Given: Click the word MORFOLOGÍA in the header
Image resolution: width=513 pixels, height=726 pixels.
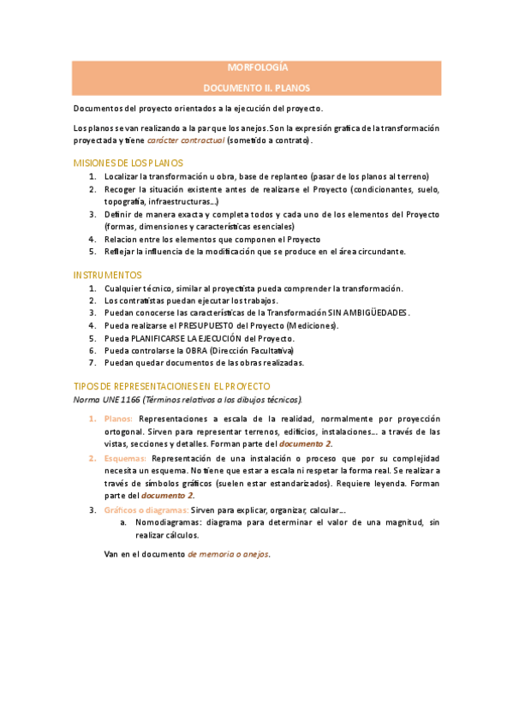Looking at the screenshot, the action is [256, 67].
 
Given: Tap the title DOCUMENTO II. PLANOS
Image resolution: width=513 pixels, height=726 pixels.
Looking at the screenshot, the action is [256, 86].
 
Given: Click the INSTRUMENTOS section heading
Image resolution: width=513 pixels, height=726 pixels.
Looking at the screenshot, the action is [107, 275].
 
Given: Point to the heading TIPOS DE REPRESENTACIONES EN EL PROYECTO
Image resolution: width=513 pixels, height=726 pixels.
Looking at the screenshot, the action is [172, 387].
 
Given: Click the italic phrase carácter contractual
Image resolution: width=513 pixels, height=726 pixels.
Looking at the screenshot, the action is [186, 140].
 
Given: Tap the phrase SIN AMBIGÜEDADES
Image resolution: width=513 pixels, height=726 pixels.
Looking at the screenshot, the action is [364, 313].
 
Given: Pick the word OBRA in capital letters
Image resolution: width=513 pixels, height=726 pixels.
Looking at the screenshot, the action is [194, 350].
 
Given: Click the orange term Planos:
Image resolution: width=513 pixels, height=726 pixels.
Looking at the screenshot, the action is [118, 420].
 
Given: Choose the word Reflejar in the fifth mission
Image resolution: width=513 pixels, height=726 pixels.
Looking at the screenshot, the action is [121, 251].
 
